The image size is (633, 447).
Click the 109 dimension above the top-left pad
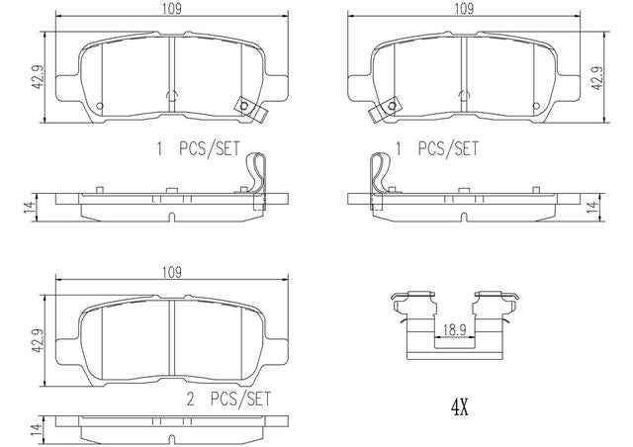click(171, 9)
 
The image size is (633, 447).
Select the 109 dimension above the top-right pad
click(464, 9)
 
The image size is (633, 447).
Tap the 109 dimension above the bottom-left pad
click(171, 273)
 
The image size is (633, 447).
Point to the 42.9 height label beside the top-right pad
click(597, 77)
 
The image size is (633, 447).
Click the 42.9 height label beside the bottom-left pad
click(38, 340)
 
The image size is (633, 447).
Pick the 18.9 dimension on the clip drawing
click(454, 330)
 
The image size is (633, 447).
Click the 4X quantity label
click(459, 408)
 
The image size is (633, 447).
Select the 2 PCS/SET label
click(228, 400)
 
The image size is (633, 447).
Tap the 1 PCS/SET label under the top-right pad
click(437, 148)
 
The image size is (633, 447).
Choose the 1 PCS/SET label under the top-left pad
click(198, 148)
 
